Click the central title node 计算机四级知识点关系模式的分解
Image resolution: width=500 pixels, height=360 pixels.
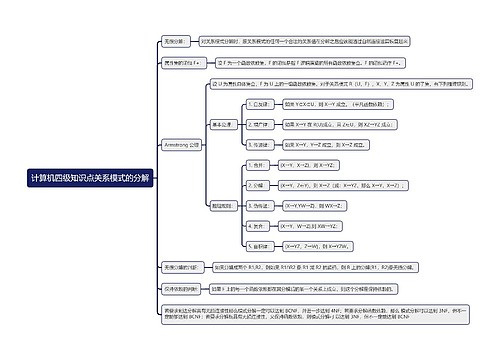[x=91, y=177]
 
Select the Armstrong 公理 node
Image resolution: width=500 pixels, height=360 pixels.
[x=181, y=144]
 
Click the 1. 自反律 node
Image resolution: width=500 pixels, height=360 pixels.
[x=260, y=103]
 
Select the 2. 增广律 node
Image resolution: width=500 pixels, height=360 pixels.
[x=260, y=124]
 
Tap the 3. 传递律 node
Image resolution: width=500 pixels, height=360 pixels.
[x=260, y=145]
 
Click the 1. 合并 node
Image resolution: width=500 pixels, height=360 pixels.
[x=258, y=165]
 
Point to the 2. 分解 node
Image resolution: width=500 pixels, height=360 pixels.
[x=258, y=185]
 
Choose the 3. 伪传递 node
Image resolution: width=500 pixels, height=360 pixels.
[x=261, y=206]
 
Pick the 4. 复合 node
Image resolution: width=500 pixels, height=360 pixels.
[x=258, y=226]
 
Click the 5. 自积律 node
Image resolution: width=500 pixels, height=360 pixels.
[x=260, y=246]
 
